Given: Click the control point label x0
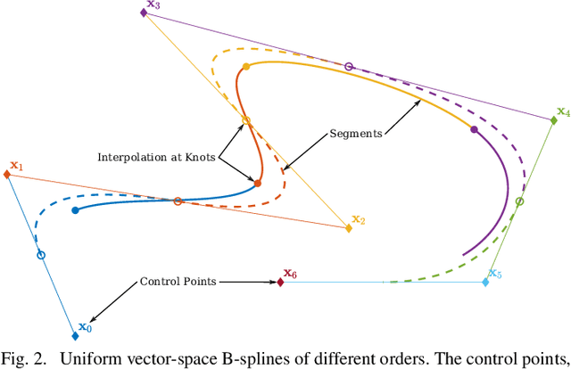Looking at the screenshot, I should click(85, 327).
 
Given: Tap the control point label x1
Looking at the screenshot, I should click(16, 166).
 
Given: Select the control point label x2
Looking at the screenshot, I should click(358, 218).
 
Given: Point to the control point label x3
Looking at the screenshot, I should click(153, 5).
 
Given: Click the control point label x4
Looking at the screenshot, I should click(562, 112).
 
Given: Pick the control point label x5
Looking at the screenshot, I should click(495, 273).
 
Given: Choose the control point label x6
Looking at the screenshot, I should click(290, 273).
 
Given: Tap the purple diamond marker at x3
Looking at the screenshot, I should click(143, 12).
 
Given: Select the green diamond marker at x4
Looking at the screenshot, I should click(554, 121).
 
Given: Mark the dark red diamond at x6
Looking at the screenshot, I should click(280, 282).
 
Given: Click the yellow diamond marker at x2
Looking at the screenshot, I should click(348, 228).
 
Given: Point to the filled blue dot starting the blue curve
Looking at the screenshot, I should click(75, 210).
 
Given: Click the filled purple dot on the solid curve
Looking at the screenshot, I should click(474, 130).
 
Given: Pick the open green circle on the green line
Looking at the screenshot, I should click(521, 201).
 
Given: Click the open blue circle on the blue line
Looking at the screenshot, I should click(40, 255).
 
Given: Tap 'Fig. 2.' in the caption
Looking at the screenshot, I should click(25, 358).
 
